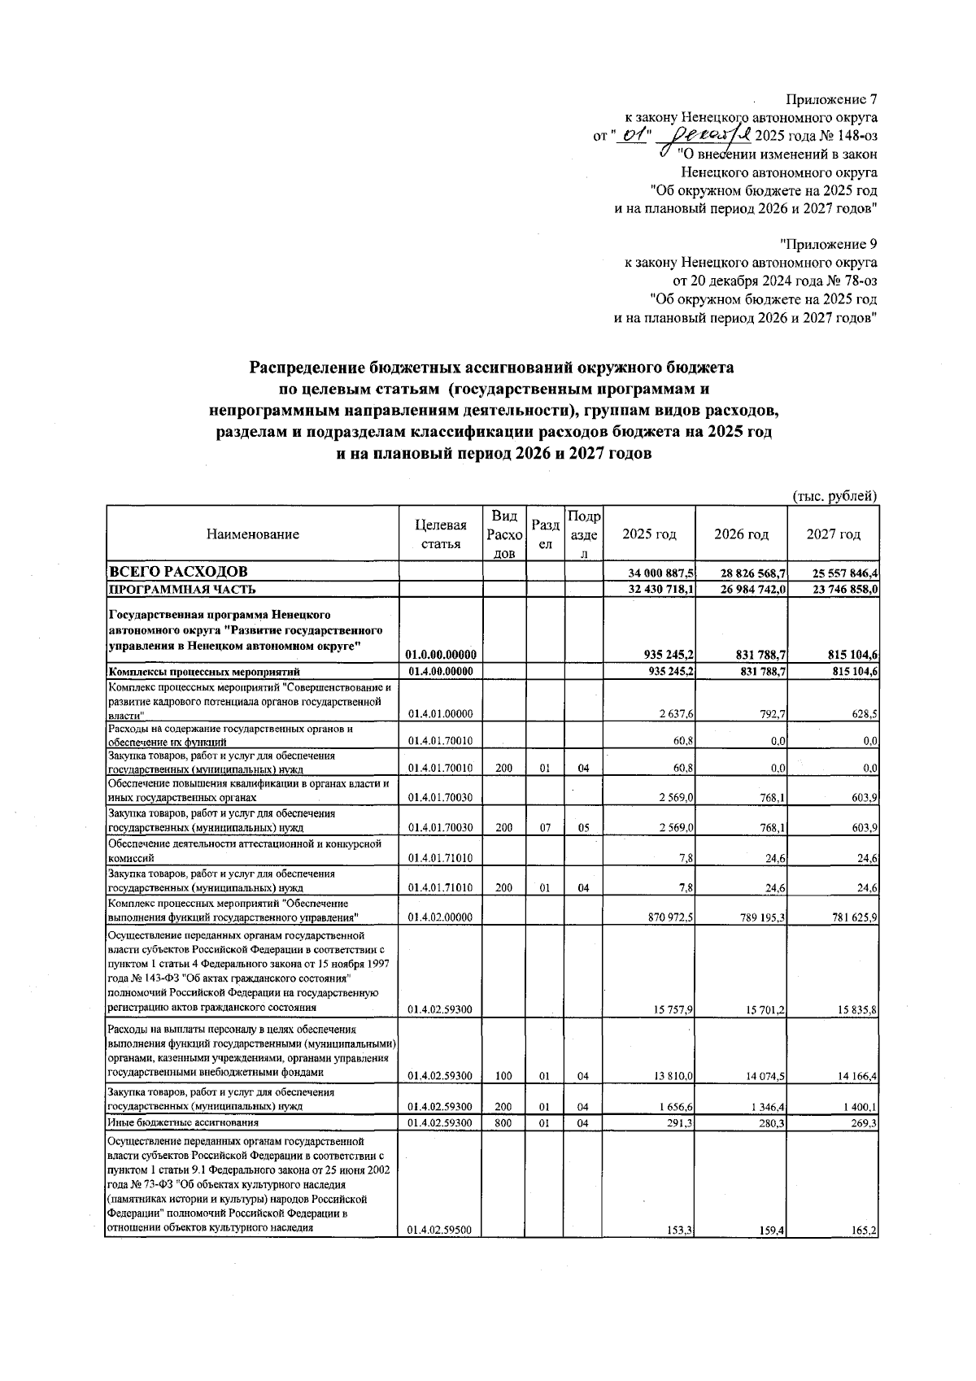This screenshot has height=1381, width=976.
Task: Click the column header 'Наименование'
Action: (252, 534)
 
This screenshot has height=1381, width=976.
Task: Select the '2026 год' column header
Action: (740, 534)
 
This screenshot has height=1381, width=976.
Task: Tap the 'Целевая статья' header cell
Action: (441, 534)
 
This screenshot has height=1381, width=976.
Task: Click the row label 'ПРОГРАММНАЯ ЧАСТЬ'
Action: (183, 589)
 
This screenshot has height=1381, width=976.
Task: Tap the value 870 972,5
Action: (668, 918)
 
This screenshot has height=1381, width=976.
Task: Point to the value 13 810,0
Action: (671, 1076)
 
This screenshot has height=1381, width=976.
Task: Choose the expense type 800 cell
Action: (503, 1123)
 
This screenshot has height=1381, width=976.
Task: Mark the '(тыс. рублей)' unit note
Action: (834, 496)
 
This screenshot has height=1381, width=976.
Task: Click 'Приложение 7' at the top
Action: (831, 100)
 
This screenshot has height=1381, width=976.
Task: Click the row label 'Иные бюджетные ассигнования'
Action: (183, 1123)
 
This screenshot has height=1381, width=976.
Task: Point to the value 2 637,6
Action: (674, 714)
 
